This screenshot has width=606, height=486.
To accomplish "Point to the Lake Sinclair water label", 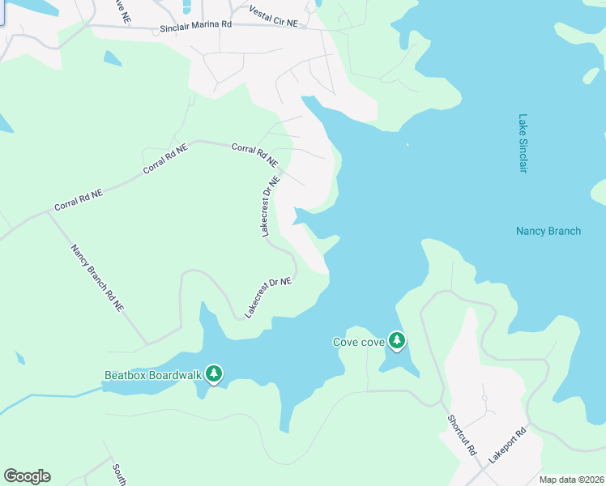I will coord(523,143).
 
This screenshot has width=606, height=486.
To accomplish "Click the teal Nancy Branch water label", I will coord(548,231).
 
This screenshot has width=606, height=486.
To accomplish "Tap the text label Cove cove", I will coord(359,342).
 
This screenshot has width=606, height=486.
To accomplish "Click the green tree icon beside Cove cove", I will coord(396,340).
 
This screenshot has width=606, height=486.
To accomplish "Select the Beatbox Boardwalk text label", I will coord(152,375).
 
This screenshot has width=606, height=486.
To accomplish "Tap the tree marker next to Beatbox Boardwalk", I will coord(214,373).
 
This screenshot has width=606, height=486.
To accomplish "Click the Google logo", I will coord(27,475).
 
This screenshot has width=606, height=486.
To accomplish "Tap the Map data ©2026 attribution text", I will coord(572,480).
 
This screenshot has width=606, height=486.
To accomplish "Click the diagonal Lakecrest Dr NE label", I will coord(268,296).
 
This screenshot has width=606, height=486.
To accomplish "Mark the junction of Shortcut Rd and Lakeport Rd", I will coord(486,467).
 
